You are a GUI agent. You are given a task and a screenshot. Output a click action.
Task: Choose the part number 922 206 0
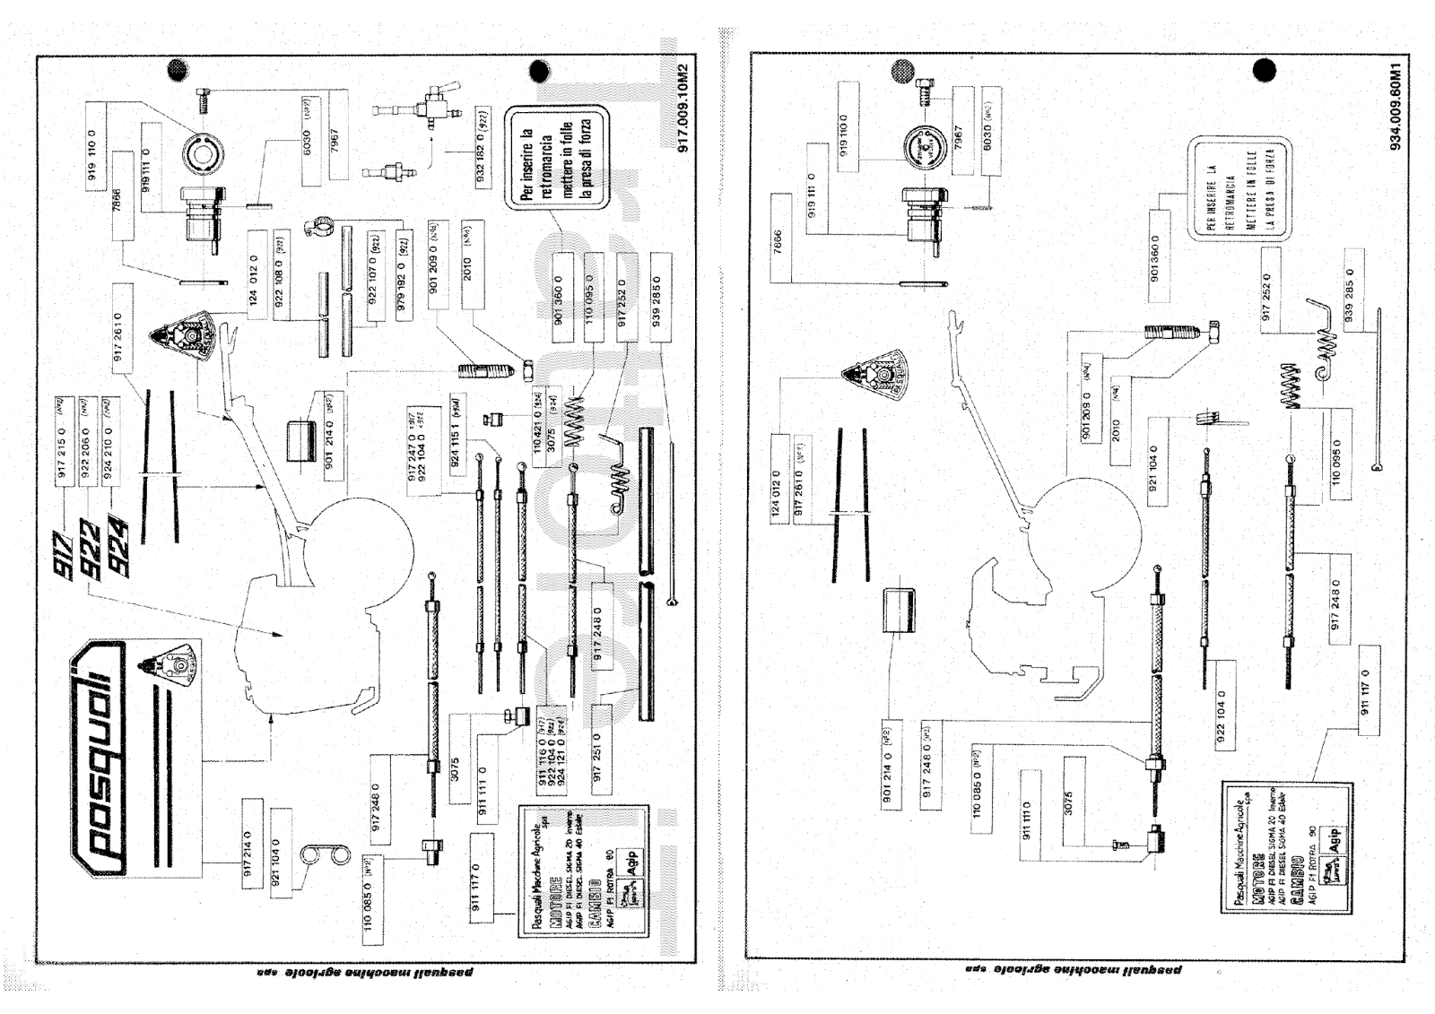pyautogui.click(x=87, y=444)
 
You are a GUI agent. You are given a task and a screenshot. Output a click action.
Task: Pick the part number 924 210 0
pyautogui.click(x=109, y=444)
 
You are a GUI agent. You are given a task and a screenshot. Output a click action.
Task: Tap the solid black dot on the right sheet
pyautogui.click(x=1264, y=70)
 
